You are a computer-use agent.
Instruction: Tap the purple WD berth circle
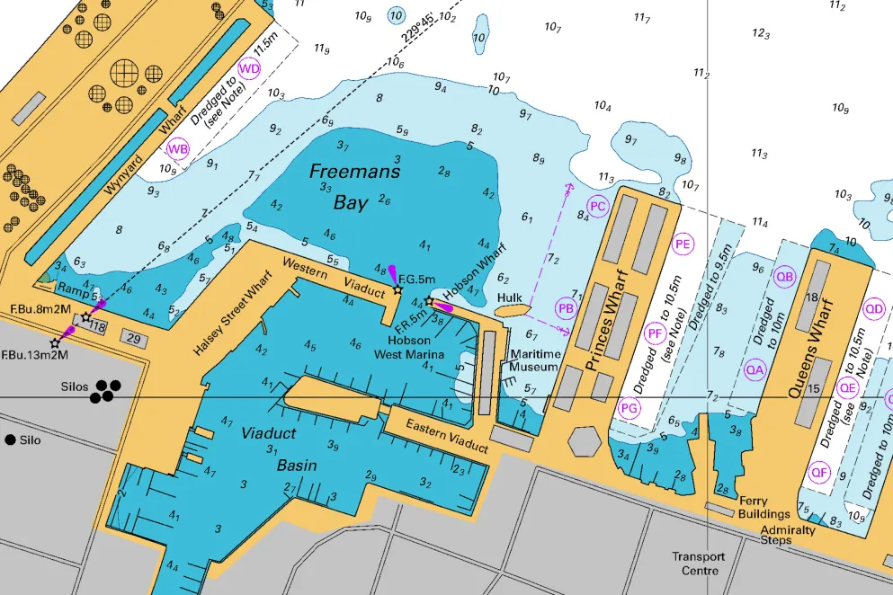(x=249, y=69)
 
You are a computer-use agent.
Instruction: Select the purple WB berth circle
(x=178, y=149)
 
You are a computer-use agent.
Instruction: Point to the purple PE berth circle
(x=683, y=244)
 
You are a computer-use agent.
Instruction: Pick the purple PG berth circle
(x=630, y=409)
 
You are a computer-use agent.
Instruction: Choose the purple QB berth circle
(x=785, y=277)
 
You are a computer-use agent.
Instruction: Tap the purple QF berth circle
(x=818, y=472)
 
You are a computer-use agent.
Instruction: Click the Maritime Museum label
(x=534, y=360)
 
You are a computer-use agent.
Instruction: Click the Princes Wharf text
(x=605, y=330)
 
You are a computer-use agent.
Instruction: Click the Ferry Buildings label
(x=764, y=508)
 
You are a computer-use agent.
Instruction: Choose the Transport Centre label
(x=697, y=564)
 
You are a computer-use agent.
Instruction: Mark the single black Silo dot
(x=10, y=440)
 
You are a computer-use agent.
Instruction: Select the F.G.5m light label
(x=416, y=280)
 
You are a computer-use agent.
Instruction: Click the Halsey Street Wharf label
(x=233, y=318)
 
